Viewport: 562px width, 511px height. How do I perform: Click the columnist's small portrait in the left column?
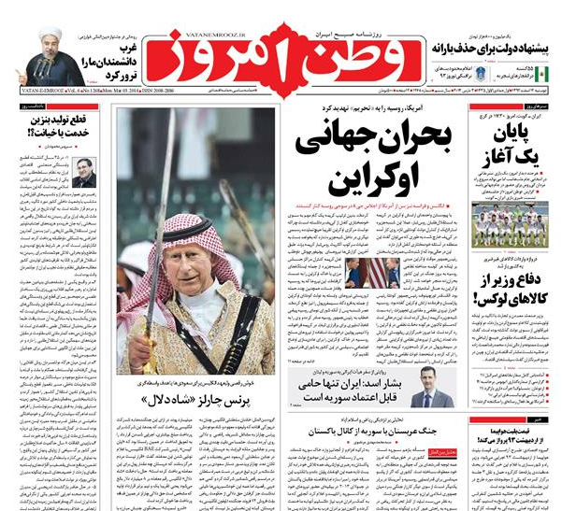[x=85, y=174]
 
